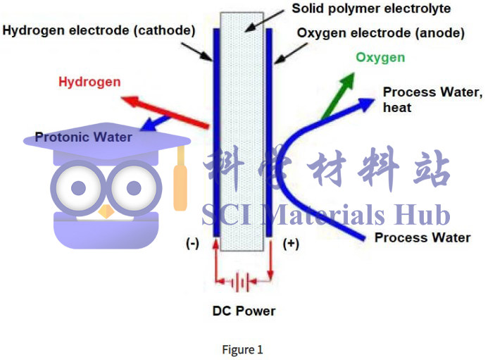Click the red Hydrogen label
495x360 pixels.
coord(89,82)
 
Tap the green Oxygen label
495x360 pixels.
coord(380,58)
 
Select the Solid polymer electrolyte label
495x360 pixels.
coord(371,9)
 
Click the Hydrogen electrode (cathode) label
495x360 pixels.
coord(99,30)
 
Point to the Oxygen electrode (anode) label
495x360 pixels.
coord(381,33)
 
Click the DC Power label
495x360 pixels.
coord(244,311)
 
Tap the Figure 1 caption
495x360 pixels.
coord(242,349)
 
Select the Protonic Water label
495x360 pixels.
coord(83,137)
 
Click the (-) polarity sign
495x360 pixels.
coord(192,244)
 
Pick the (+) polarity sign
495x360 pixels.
coord(291,244)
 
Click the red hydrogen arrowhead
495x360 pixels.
coord(130,101)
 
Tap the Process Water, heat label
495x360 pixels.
coord(433,100)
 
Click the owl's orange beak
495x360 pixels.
coord(106,211)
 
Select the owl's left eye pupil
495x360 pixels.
coord(79,188)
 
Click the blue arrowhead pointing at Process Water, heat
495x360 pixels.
coord(365,104)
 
